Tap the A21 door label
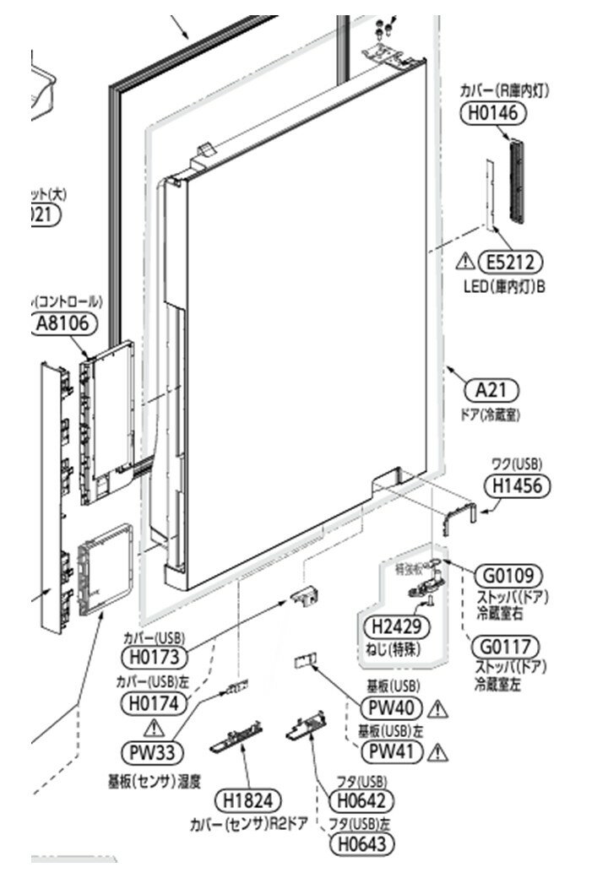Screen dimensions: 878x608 (492, 390)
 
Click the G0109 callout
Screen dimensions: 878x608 (508, 577)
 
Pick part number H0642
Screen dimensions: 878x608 (362, 799)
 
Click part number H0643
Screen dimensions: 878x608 (362, 842)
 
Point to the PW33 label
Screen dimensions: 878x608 (153, 750)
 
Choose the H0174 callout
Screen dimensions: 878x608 (155, 701)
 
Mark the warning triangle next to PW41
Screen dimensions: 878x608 (437, 750)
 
